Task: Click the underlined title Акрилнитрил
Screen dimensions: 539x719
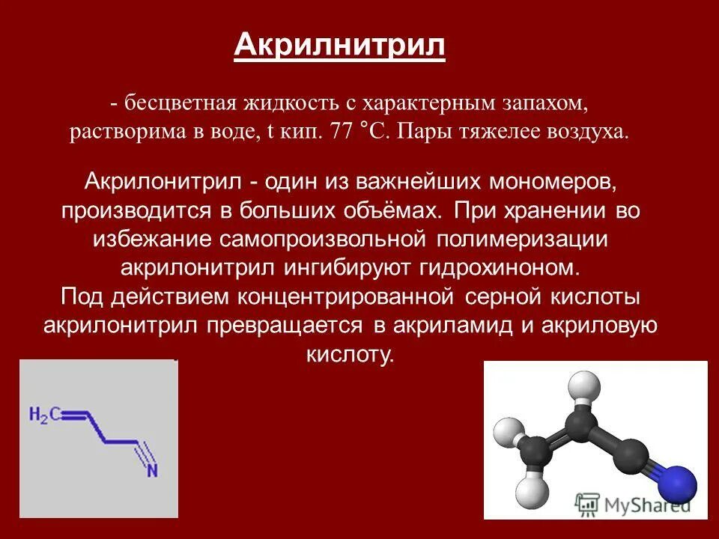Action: (340, 46)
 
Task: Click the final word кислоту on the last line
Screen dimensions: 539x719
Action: (349, 355)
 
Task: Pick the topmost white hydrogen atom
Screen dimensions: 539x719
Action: (584, 387)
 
